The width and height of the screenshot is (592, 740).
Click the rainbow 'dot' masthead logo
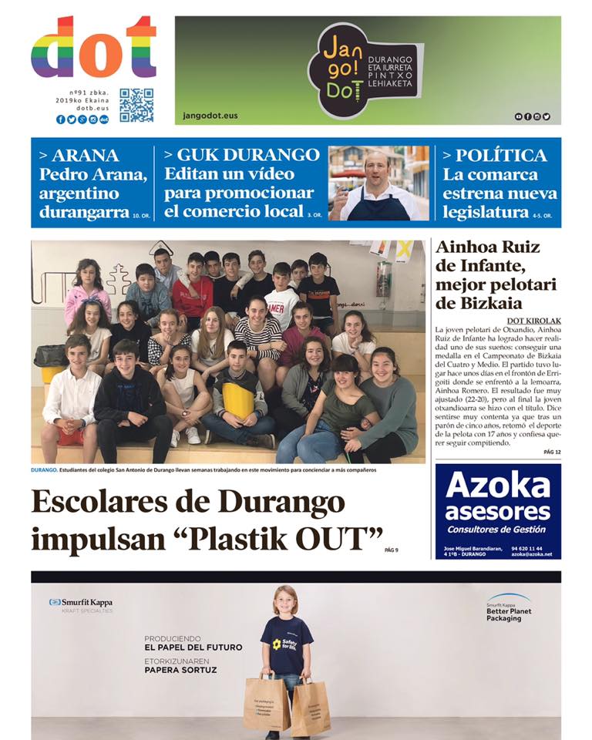point(93,48)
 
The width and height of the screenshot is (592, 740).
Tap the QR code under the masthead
point(136,106)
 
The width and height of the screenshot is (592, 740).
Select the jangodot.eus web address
point(210,116)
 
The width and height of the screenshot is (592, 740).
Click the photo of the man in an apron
point(378,183)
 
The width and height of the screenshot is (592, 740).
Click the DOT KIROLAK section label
point(533,320)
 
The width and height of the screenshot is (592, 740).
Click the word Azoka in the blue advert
point(497,486)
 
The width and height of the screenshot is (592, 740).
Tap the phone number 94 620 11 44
point(527,549)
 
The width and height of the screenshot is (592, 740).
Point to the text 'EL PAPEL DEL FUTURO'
point(193,647)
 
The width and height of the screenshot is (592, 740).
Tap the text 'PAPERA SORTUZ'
point(180,670)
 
